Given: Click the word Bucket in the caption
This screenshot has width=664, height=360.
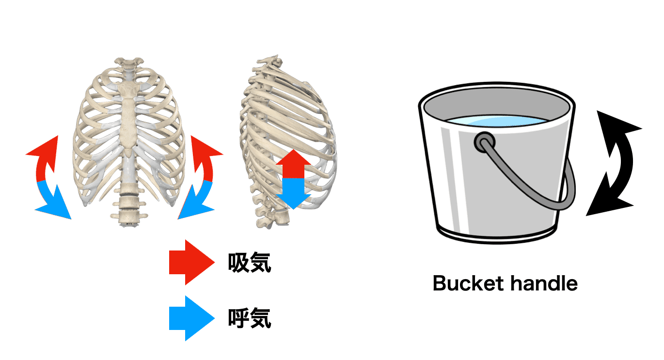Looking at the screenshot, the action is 468,283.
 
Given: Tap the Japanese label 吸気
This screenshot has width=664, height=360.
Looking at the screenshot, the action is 250,263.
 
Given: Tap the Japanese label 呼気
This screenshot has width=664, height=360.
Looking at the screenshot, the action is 250,318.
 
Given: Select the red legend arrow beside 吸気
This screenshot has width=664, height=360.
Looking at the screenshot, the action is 191,262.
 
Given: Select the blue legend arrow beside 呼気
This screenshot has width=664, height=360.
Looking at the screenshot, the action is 191,318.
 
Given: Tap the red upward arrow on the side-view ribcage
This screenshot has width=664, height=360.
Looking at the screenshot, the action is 293,164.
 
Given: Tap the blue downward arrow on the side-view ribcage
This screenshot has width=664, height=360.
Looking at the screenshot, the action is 293,194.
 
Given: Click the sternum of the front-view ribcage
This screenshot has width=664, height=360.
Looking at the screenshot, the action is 128,119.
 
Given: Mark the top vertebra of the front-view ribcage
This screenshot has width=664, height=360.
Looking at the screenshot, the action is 129,62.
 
